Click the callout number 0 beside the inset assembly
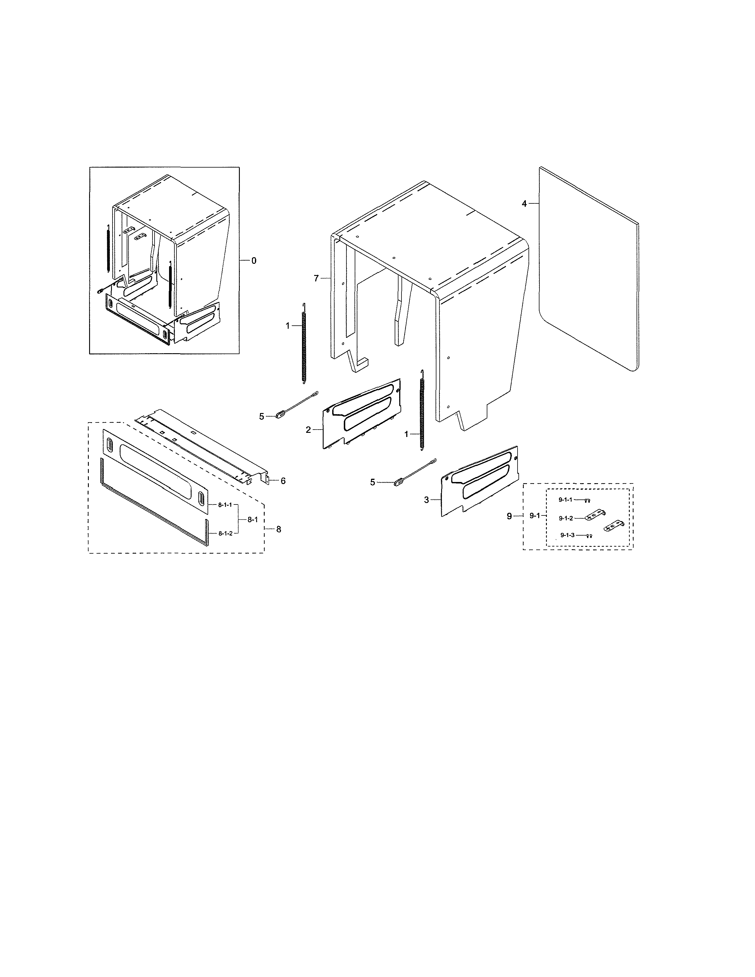[x=254, y=260]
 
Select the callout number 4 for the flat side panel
[x=524, y=204]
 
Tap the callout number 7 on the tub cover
[x=316, y=278]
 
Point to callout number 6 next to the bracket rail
[x=283, y=481]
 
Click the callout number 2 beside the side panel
[x=308, y=430]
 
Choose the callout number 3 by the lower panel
[x=426, y=500]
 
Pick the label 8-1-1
[x=224, y=504]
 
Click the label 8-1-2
[x=224, y=533]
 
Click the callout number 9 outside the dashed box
[x=509, y=516]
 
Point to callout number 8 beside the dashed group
[x=279, y=529]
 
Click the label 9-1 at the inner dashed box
[x=534, y=516]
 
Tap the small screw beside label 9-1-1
[x=588, y=501]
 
